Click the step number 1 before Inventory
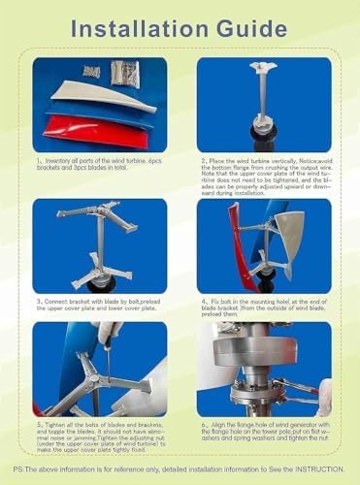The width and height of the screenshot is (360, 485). point(38,162)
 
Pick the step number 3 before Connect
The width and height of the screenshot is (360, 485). point(37,303)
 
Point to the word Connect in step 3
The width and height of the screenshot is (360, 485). point(60,303)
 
